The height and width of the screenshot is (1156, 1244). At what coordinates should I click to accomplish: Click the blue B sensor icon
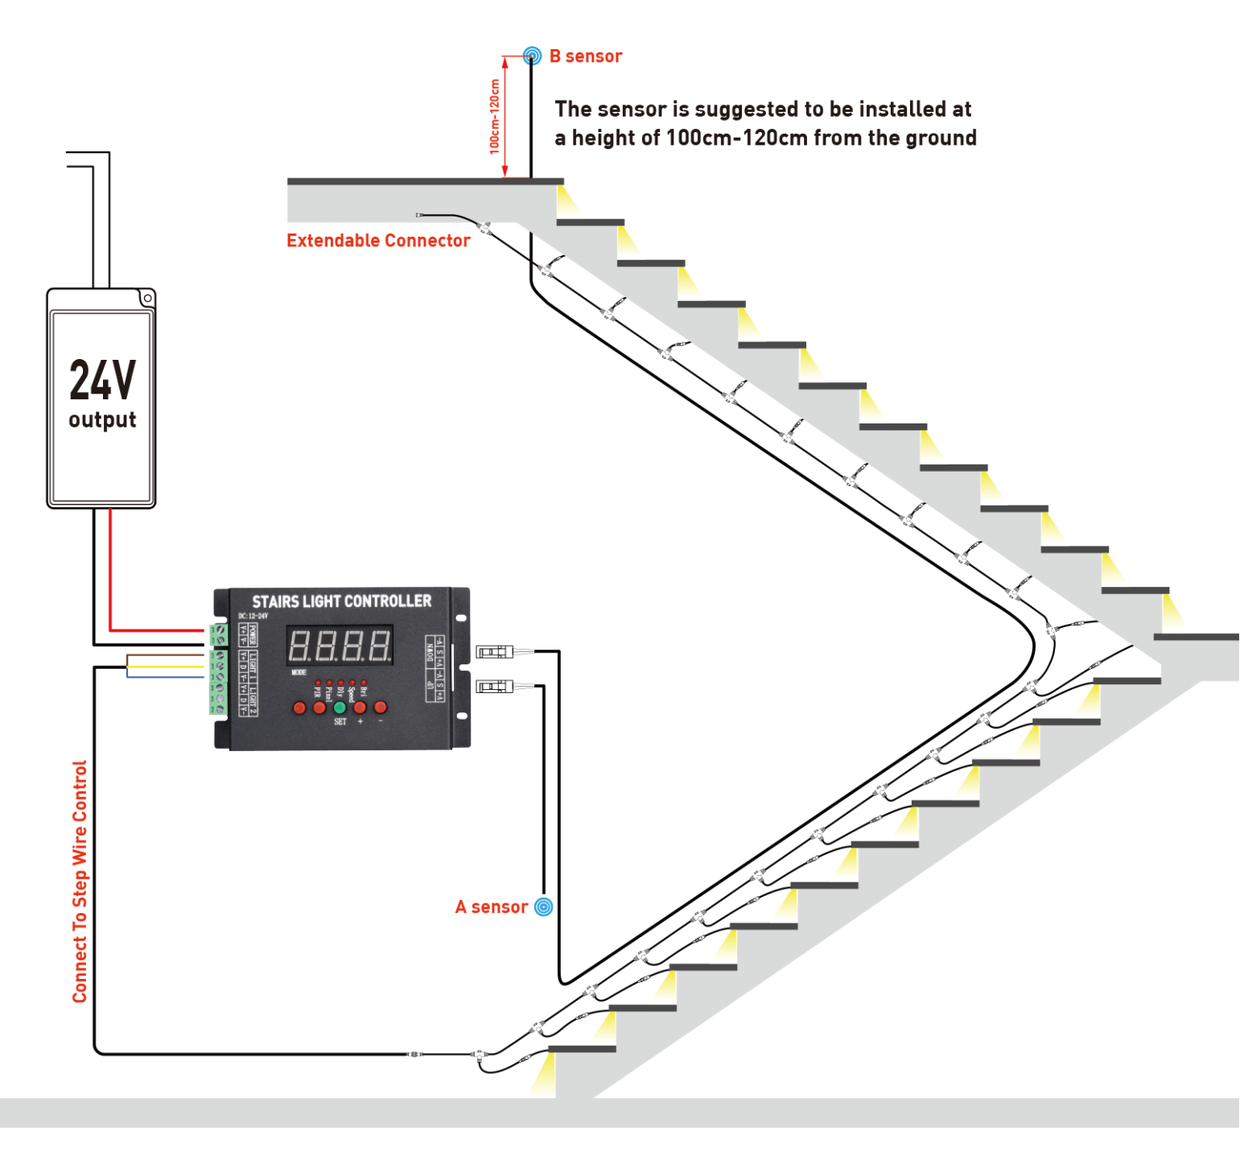531,56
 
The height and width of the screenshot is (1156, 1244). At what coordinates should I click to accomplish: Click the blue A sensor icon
544,907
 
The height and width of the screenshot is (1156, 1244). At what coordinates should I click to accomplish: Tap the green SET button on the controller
340,708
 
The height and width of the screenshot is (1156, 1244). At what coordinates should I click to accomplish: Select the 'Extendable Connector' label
378,241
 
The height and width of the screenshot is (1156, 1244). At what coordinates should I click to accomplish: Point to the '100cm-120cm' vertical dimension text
494,117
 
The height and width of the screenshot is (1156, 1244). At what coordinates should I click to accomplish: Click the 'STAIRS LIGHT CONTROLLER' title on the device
341,601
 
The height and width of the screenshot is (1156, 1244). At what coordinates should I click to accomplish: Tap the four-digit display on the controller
340,646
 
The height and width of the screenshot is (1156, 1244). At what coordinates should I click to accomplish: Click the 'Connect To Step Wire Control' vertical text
80,881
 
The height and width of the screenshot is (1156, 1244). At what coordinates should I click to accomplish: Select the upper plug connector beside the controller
494,651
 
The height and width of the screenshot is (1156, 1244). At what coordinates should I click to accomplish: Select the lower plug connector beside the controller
494,686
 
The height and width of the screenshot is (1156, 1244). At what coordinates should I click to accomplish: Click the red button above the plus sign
360,708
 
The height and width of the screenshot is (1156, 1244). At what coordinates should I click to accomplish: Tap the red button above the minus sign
380,708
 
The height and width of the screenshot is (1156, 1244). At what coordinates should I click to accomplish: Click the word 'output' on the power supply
102,420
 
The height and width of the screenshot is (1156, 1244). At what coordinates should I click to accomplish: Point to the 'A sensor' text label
492,907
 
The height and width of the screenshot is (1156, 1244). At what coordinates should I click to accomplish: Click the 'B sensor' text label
586,56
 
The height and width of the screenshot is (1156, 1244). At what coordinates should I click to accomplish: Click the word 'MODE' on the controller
299,672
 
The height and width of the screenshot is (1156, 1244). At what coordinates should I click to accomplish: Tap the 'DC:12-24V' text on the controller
253,616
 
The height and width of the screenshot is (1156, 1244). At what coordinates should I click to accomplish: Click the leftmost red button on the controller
299,708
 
